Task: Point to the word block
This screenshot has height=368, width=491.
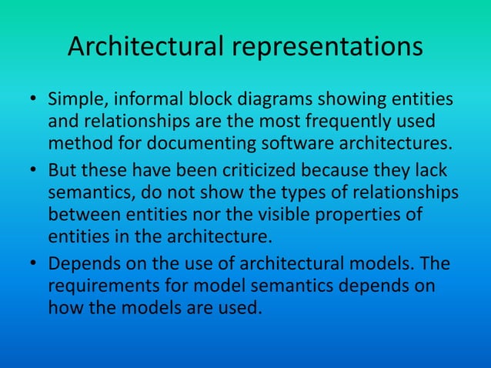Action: click(205, 100)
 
